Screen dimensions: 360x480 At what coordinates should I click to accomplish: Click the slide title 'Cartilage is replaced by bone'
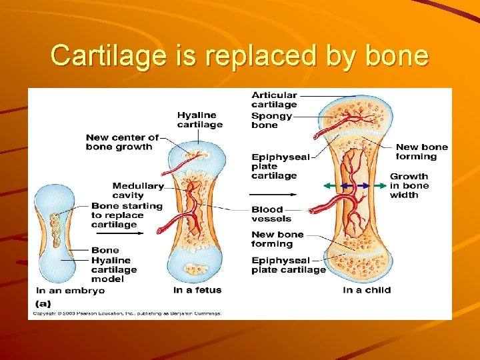239,55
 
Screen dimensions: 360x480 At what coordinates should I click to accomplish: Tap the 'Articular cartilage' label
274,100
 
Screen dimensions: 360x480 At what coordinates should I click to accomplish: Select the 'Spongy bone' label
271,120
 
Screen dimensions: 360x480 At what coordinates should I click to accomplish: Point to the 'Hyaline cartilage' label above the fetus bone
199,119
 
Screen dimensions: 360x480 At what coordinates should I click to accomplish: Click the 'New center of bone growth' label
122,142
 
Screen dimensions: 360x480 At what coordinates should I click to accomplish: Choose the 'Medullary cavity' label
138,191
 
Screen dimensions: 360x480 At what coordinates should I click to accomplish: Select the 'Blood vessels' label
271,214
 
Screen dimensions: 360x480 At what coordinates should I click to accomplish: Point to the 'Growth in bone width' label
409,186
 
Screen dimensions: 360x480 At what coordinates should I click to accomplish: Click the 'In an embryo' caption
70,291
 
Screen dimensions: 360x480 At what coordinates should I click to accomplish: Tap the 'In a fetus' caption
197,290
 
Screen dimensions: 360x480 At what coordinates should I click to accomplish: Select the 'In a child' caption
367,290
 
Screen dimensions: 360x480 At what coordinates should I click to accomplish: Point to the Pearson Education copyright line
127,313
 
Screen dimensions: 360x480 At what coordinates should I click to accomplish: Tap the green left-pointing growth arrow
331,185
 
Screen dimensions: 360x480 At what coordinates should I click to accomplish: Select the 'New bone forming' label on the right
421,152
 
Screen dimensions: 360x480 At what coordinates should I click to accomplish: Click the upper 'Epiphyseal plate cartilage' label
280,167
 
